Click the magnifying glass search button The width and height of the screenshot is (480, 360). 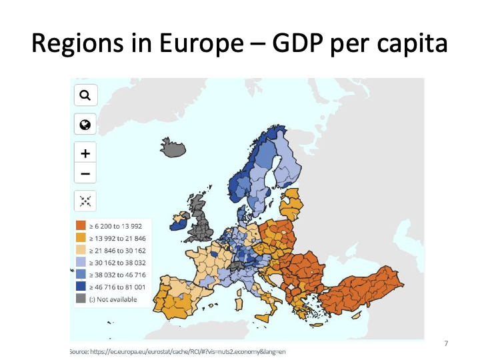point(85,95)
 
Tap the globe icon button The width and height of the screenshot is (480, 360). point(85,125)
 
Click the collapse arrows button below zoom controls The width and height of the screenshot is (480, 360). point(85,201)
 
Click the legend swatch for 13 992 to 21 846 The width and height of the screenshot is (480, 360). point(81,238)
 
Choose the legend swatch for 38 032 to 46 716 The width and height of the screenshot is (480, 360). point(81,275)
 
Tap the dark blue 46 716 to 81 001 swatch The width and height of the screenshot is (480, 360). point(81,287)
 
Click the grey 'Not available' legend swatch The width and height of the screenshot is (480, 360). point(81,299)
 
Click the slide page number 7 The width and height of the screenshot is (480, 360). point(446,343)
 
